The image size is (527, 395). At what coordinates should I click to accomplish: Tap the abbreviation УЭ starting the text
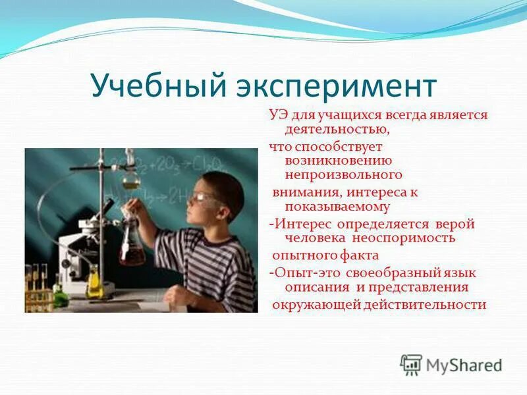point(277,115)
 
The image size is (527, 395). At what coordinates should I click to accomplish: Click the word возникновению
point(338,160)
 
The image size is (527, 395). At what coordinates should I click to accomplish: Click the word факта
point(359,255)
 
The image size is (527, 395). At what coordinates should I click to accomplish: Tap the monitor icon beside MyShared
point(411,365)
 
